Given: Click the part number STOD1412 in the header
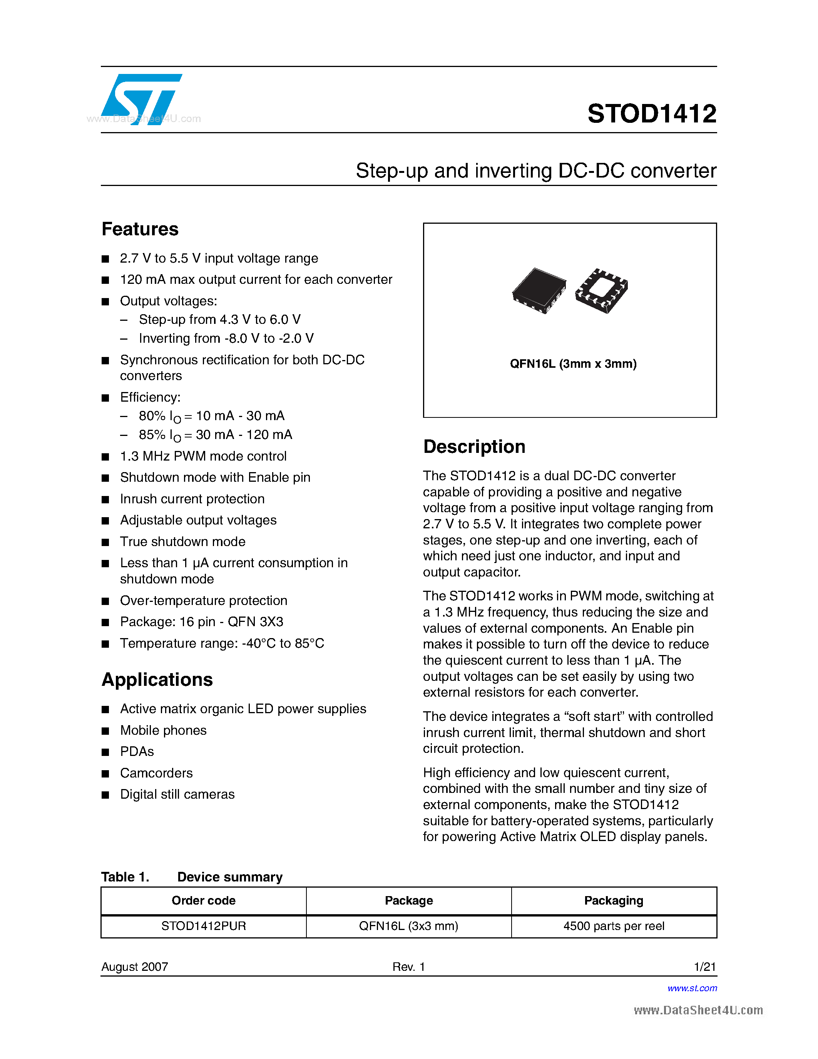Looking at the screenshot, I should point(651,114).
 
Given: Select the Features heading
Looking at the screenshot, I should point(140,229).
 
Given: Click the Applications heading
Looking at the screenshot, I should point(157,679).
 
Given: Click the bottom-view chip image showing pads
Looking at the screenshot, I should point(601,290).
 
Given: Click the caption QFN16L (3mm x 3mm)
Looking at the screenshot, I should point(573,364).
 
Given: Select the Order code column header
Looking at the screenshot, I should point(204,900).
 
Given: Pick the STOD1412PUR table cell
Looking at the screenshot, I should point(204,926).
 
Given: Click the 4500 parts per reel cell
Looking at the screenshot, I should point(614,926).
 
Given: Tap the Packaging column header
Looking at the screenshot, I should point(614,900).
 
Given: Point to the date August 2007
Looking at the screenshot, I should point(135,967).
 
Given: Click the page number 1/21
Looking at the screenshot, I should point(704,967).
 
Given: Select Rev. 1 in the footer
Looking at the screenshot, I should point(408,967).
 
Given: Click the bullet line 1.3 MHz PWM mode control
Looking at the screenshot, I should point(203,456).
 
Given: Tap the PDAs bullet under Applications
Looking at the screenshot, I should point(137,752).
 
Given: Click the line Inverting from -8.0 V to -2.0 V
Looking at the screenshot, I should point(226,338).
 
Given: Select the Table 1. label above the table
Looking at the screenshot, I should point(125,877).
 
